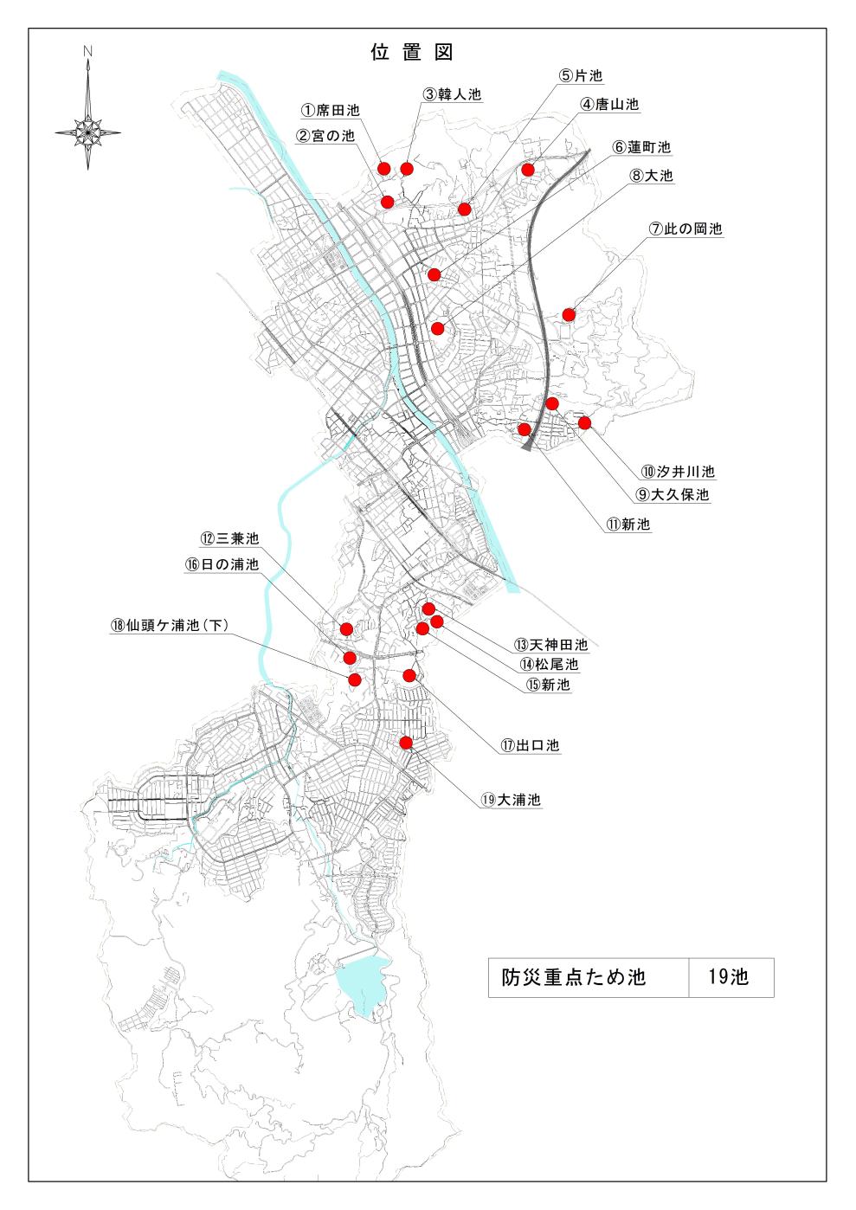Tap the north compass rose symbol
click(87, 132)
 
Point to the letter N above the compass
click(87, 52)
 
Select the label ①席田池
click(330, 111)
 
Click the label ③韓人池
click(452, 94)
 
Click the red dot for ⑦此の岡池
click(569, 314)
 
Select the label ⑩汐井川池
click(678, 472)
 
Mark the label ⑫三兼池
click(229, 538)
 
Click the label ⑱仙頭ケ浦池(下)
click(170, 626)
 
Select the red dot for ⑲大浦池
click(405, 742)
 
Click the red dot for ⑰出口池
click(409, 675)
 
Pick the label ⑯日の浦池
click(222, 564)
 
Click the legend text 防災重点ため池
click(574, 977)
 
